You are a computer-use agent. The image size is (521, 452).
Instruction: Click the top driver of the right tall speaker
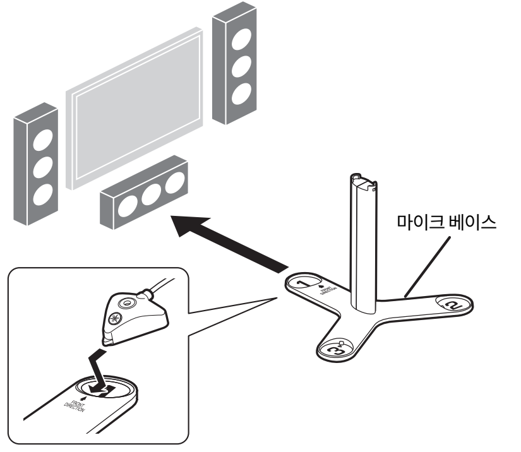pos(239,40)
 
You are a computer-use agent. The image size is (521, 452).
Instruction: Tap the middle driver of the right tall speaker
pos(239,67)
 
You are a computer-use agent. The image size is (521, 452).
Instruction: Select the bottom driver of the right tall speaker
pos(239,93)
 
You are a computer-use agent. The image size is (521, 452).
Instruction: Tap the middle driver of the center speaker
pos(152,195)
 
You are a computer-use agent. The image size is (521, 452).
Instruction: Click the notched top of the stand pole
pos(364,181)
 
